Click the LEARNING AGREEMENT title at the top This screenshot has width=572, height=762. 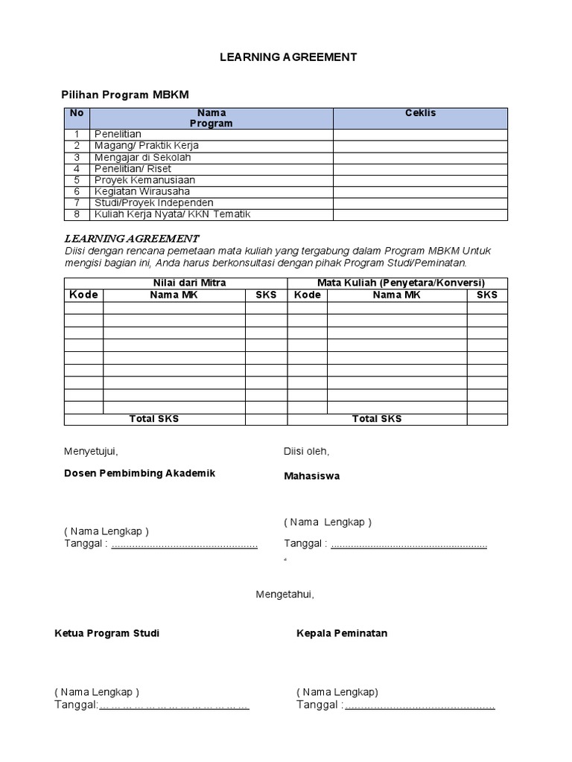coord(288,57)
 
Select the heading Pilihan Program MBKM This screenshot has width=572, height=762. coord(124,95)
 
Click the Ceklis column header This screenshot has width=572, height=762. coord(420,113)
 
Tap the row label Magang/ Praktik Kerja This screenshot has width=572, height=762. coord(146,146)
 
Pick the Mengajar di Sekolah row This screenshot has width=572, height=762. coord(142,157)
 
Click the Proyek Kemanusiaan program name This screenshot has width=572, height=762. coord(144,180)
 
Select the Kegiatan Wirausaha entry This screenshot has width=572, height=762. coord(142,191)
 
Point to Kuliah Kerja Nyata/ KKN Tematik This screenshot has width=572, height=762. coord(172,214)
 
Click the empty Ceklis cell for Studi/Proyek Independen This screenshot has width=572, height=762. coord(420,203)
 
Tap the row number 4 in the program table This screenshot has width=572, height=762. coord(77,169)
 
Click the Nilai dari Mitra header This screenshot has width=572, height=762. coord(189,283)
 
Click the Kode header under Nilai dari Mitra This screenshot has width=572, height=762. coord(83,295)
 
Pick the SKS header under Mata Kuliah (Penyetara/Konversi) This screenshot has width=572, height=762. coord(487,295)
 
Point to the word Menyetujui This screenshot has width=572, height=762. coord(91,451)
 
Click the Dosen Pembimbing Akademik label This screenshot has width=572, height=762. coord(139,473)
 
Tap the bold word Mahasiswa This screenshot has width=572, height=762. coord(311,476)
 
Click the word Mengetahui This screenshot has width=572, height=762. coord(285,595)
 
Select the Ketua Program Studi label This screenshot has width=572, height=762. coord(107,633)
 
